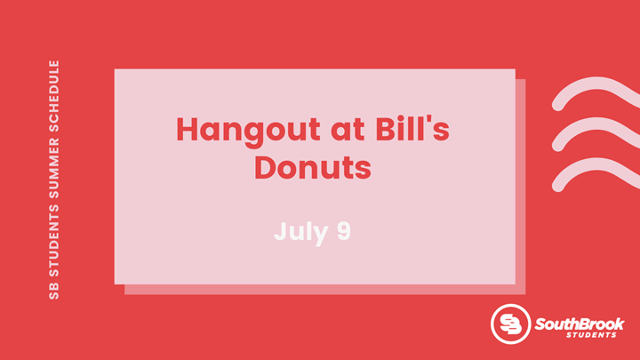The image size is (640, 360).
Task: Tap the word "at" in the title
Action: tap(348, 130)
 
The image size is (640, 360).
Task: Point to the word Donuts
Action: tap(313, 167)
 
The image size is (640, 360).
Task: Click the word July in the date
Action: tap(301, 233)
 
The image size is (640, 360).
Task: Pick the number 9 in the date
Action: tap(344, 231)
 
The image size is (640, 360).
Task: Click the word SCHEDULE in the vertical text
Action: tap(54, 96)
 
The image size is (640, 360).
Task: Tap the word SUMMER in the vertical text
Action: tap(54, 169)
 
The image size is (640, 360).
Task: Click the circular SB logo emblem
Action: tap(510, 324)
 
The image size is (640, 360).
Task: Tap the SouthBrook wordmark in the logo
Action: tap(580, 324)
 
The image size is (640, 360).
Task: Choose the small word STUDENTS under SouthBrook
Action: tap(591, 335)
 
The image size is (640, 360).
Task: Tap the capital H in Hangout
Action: tap(187, 129)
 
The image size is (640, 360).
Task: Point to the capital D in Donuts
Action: tap(266, 167)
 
